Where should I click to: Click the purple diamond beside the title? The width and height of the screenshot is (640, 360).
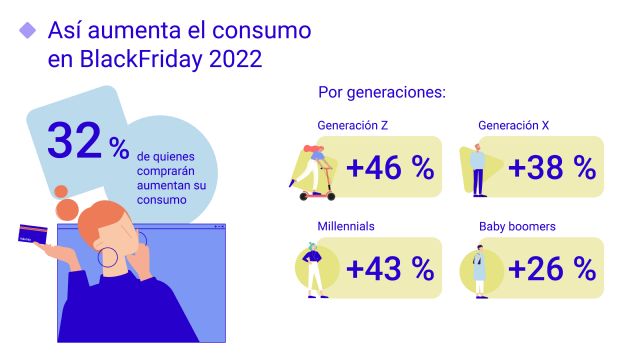pos(28,30)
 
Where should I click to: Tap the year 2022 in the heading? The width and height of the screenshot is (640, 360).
pos(235,59)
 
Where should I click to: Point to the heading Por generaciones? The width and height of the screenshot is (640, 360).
pos(381,93)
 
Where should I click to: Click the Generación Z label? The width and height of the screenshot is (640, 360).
pos(353,126)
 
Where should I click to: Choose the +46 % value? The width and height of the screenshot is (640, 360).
pos(390,167)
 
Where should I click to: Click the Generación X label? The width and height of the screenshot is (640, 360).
pos(514,126)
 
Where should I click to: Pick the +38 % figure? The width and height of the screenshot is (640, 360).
pos(552,167)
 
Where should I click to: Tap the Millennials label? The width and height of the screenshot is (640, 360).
pos(346,226)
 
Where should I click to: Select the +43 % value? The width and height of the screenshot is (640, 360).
pos(390,268)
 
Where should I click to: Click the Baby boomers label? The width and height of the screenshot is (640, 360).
pos(516,226)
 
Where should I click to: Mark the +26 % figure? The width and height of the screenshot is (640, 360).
pos(552,268)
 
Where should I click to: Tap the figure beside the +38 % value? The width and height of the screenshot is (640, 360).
pos(478,168)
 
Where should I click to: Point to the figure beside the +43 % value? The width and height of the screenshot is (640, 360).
pos(314,268)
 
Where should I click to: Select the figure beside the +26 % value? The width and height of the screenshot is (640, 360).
pos(479,268)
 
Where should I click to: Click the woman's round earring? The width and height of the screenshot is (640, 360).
pos(108,257)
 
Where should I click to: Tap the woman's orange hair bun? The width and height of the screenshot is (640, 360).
pos(67,207)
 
